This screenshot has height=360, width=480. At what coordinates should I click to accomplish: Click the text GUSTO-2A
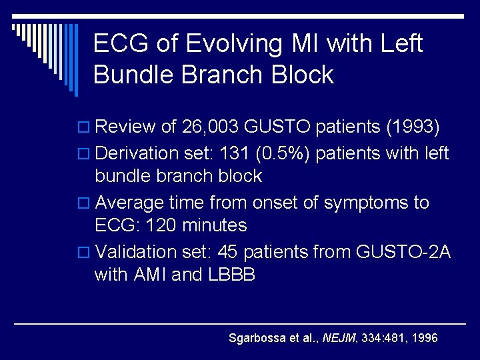coord(404,252)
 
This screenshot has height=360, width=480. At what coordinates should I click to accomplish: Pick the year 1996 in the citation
coord(425,339)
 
